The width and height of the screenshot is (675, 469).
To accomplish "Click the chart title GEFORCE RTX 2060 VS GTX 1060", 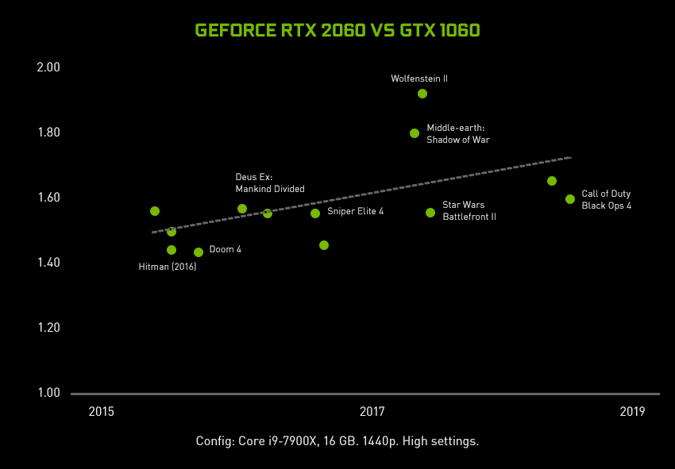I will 337,30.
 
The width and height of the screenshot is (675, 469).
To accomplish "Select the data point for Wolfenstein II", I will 422,94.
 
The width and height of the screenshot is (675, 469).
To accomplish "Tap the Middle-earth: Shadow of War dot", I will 415,133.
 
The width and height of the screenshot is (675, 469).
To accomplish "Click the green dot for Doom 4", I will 199,252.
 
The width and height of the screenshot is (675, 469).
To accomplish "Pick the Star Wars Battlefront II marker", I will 430,213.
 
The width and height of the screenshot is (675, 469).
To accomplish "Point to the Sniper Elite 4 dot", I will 315,213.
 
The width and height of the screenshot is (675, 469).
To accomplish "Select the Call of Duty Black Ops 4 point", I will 570,199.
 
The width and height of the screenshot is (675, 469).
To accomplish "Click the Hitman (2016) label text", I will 168,267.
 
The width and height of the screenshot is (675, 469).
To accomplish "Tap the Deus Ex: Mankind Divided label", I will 270,183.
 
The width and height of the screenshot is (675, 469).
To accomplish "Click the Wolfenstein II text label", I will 419,79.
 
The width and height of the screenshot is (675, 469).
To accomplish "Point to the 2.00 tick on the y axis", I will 48,67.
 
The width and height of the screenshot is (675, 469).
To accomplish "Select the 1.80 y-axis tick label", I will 48,133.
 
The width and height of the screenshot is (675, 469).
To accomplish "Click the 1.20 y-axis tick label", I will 48,328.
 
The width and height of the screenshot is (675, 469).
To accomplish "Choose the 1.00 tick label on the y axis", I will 48,393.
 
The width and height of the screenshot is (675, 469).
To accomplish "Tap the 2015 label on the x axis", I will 102,411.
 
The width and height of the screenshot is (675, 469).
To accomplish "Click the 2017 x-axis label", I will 372,411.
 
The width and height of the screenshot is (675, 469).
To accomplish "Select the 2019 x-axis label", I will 632,411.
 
